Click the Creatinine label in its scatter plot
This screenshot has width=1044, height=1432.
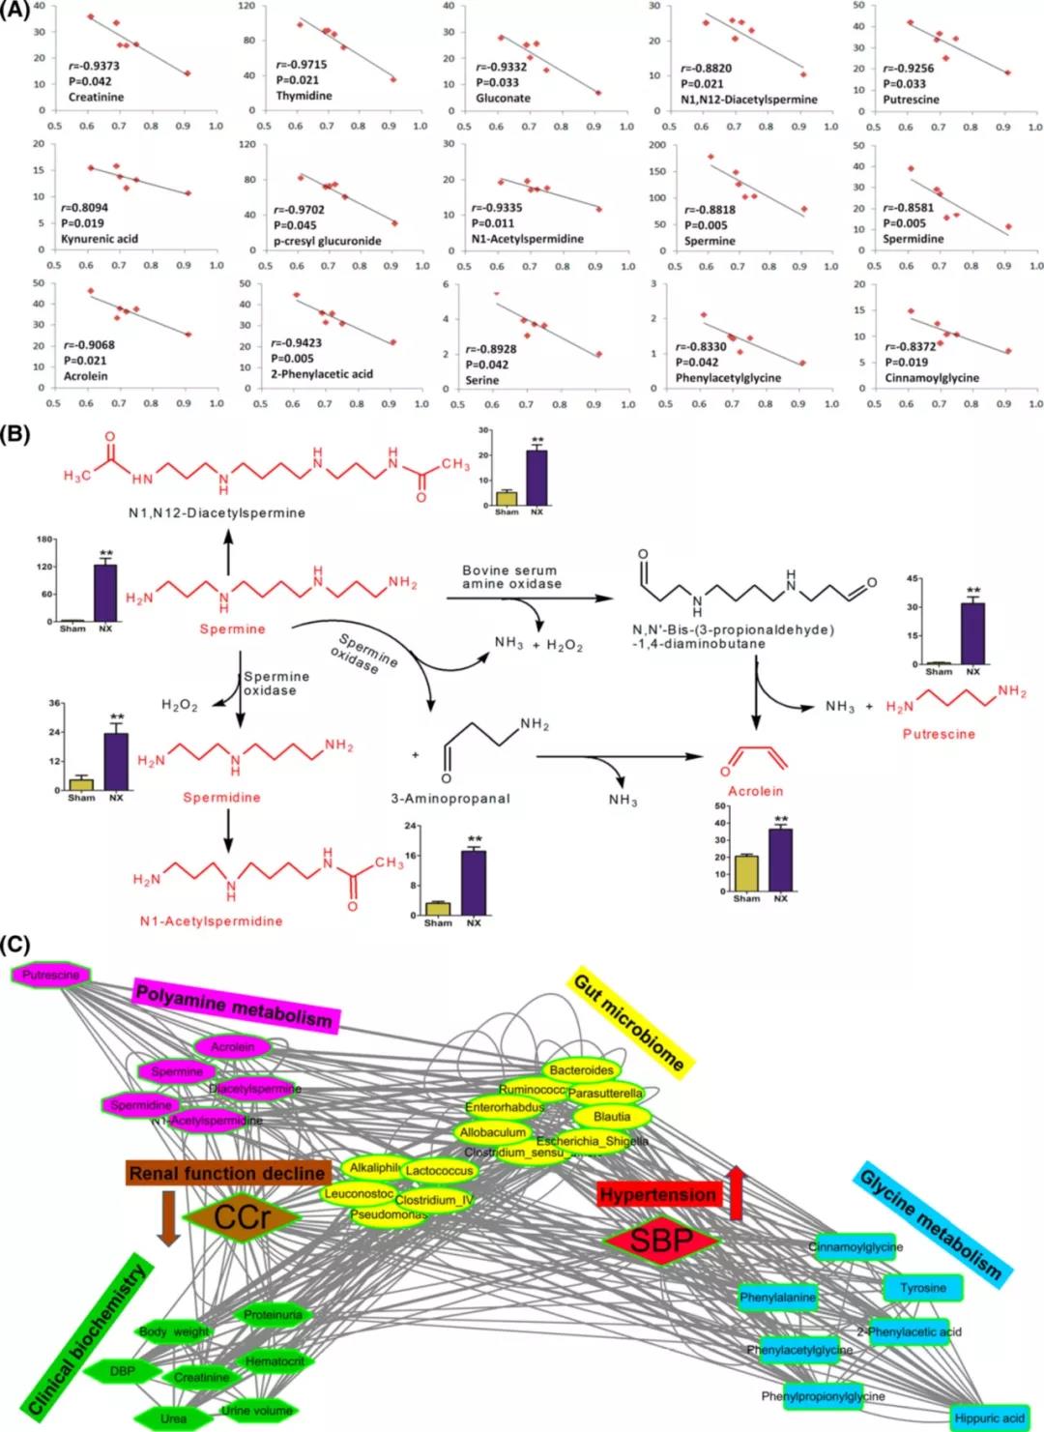click(96, 97)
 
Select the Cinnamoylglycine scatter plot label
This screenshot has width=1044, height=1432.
click(932, 377)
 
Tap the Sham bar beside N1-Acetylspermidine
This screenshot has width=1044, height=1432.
click(438, 908)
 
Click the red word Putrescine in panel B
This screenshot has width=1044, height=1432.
click(939, 734)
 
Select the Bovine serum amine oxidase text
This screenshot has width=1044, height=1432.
click(510, 577)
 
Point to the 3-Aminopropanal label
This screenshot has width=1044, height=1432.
click(450, 799)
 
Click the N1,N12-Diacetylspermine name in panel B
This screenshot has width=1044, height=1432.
click(217, 512)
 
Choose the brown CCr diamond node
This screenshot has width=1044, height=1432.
click(243, 1217)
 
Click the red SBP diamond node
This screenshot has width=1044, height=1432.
click(662, 1239)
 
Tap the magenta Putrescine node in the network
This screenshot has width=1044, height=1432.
click(51, 976)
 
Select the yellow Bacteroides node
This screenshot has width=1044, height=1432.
click(581, 1070)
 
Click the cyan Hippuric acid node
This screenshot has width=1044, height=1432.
click(989, 1417)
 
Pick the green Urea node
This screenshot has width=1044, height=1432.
click(174, 1418)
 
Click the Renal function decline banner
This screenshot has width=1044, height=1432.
click(227, 1173)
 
